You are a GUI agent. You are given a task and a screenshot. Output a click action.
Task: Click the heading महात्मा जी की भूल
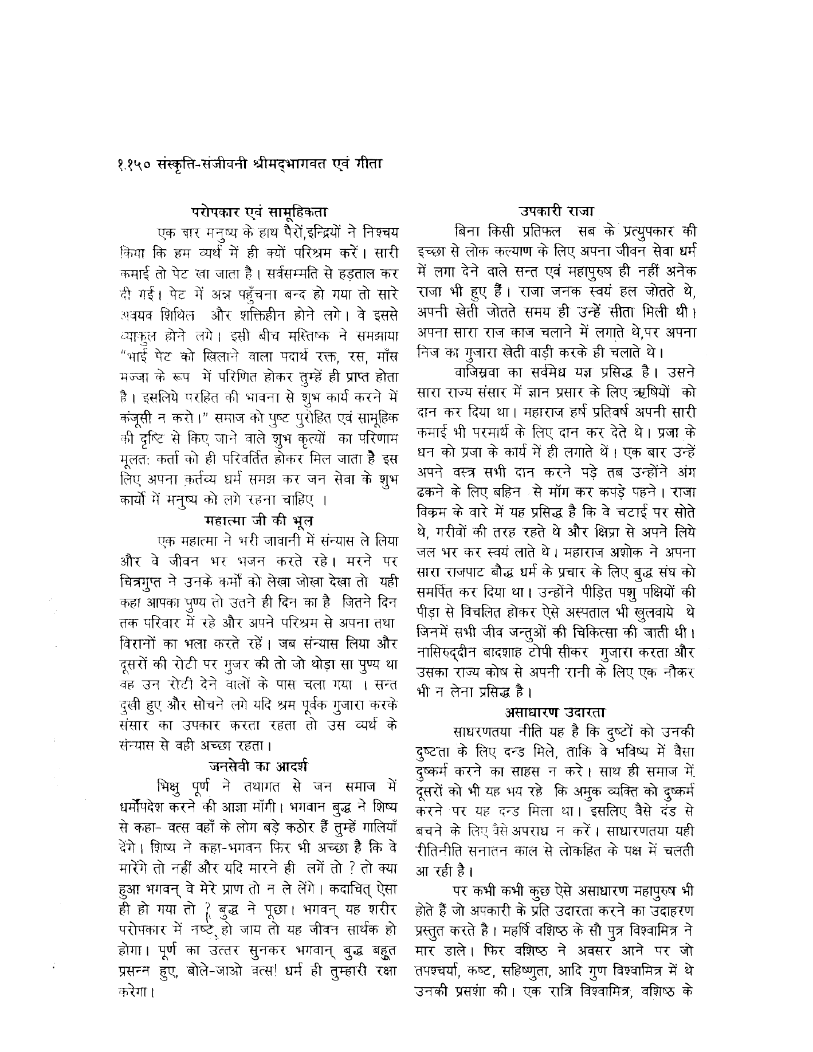[x=258, y=521]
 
